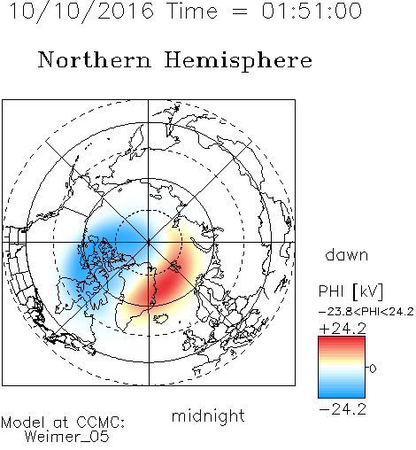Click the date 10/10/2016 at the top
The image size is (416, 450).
click(81, 12)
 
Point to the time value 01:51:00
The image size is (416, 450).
click(312, 11)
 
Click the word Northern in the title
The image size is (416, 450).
click(95, 59)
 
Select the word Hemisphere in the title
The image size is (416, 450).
click(238, 60)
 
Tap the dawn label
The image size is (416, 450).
click(347, 254)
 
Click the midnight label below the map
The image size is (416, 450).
click(208, 415)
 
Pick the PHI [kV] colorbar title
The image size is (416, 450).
click(351, 291)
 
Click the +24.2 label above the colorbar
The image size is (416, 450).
click(343, 329)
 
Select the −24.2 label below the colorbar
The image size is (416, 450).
click(343, 409)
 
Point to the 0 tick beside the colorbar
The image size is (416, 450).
click(373, 369)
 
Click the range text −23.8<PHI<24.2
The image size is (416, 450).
click(366, 312)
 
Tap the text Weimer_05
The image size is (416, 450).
click(67, 437)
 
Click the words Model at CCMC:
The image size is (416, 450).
click(63, 423)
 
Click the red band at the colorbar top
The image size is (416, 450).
click(342, 340)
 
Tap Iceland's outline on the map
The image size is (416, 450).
click(160, 319)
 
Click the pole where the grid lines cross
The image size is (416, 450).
click(148, 242)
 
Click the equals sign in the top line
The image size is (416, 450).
click(240, 12)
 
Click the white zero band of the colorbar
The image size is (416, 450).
click(342, 368)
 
